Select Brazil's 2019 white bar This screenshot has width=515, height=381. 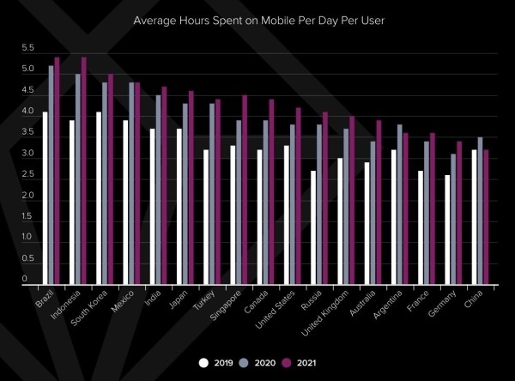45,197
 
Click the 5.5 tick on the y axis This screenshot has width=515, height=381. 28,48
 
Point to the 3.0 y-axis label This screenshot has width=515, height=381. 28,154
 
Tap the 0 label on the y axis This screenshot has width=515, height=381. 25,279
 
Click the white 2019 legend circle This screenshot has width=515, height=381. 203,361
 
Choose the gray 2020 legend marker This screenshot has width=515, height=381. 247,361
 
